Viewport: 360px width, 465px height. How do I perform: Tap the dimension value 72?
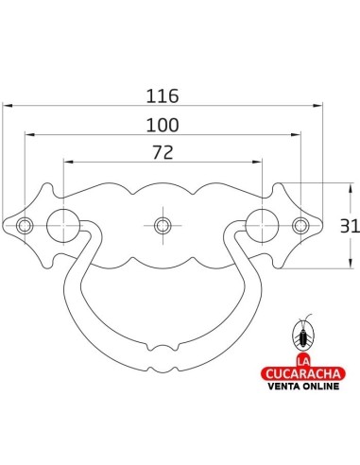(162, 152)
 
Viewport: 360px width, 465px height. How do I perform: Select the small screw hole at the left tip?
(25, 225)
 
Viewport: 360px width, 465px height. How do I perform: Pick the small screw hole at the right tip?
(300, 225)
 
